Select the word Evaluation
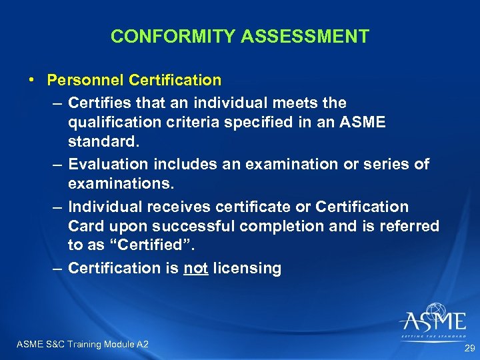109,164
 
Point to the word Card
84,226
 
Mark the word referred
411,226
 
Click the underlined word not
196,269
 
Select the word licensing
248,269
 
